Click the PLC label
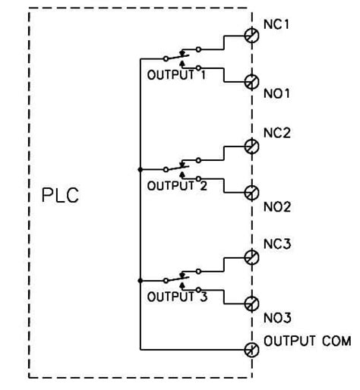click(60, 197)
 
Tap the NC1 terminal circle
click(251, 35)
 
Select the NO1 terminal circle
click(251, 81)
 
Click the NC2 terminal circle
click(251, 146)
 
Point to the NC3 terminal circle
click(251, 258)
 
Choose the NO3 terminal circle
click(251, 304)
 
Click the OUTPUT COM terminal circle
click(251, 349)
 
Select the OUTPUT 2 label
click(178, 185)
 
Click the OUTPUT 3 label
click(178, 297)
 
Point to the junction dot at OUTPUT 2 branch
click(141, 168)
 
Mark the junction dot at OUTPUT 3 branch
click(141, 280)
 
